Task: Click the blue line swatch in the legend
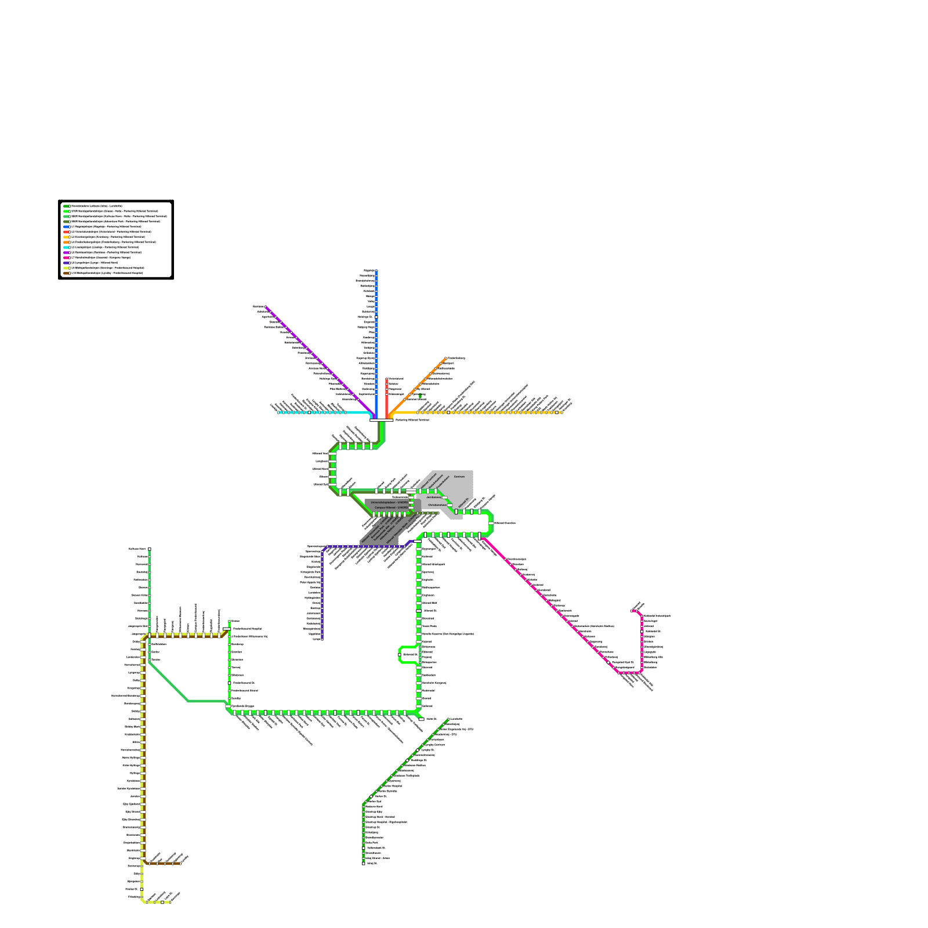point(66,226)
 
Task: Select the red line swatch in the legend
point(66,231)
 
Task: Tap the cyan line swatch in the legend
point(66,247)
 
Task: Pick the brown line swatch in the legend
point(66,273)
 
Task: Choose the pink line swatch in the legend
point(66,258)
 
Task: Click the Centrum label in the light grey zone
point(459,476)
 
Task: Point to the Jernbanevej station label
point(433,497)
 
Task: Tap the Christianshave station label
point(436,505)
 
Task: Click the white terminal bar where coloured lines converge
point(381,420)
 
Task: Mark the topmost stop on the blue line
point(376,271)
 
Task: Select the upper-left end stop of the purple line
point(266,307)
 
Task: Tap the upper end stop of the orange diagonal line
point(446,358)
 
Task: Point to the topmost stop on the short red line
point(386,379)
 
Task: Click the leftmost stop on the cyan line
point(278,412)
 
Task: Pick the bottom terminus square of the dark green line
point(364,863)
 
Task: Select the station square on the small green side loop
point(400,654)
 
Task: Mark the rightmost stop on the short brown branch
point(180,864)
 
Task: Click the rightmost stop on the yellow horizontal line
point(561,412)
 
